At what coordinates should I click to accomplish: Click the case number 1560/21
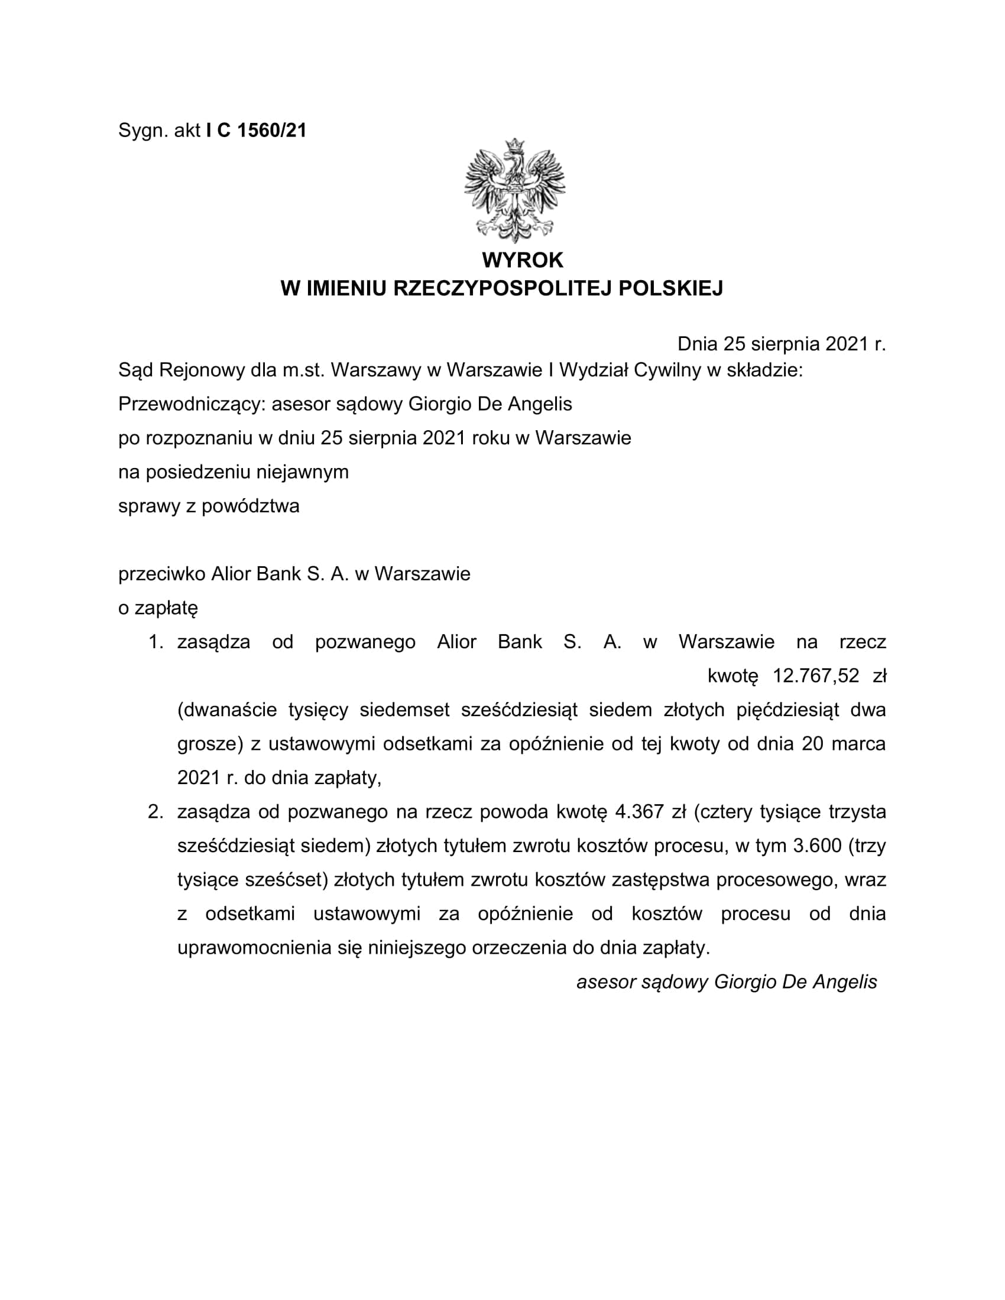point(271,131)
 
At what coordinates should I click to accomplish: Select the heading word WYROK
point(522,260)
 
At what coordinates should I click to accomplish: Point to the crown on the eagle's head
point(514,145)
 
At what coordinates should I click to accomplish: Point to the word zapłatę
point(166,607)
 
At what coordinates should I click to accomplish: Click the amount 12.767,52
point(816,675)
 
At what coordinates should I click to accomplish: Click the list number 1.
point(155,642)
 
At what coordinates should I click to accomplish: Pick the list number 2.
point(155,812)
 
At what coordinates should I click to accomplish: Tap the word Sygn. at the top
point(143,131)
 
